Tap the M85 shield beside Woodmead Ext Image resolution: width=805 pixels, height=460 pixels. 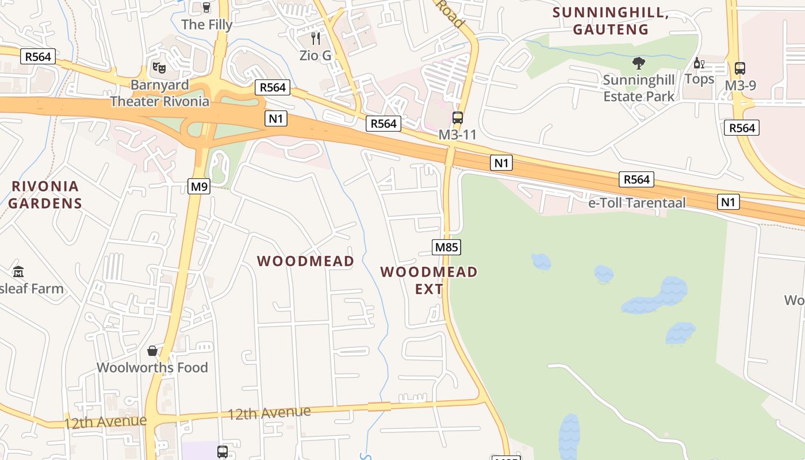(447, 247)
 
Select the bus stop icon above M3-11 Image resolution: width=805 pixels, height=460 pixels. (458, 118)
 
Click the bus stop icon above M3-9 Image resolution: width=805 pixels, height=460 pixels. (740, 68)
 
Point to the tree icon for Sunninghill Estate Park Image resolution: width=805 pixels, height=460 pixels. (638, 63)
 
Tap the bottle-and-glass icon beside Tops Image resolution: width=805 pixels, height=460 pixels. (699, 63)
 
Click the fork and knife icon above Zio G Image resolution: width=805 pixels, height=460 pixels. (316, 39)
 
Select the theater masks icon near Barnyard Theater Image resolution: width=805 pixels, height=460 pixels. (159, 68)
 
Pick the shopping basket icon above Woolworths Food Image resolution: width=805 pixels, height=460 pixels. (152, 350)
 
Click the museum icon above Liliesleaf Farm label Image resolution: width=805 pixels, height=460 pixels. (18, 271)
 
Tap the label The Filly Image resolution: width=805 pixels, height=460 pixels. (207, 25)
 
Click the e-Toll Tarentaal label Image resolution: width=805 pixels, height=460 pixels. (637, 203)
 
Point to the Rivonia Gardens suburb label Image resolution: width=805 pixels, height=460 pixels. (45, 194)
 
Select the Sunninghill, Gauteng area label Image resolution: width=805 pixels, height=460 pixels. (611, 21)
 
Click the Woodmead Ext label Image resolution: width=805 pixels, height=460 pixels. (429, 279)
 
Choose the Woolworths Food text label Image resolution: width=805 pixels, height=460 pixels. (152, 367)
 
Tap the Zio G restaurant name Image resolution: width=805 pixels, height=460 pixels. (316, 56)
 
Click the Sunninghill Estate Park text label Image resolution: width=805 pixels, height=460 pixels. (638, 88)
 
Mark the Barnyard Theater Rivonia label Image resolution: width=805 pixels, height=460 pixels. (160, 93)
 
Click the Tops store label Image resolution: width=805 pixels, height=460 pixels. (699, 79)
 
